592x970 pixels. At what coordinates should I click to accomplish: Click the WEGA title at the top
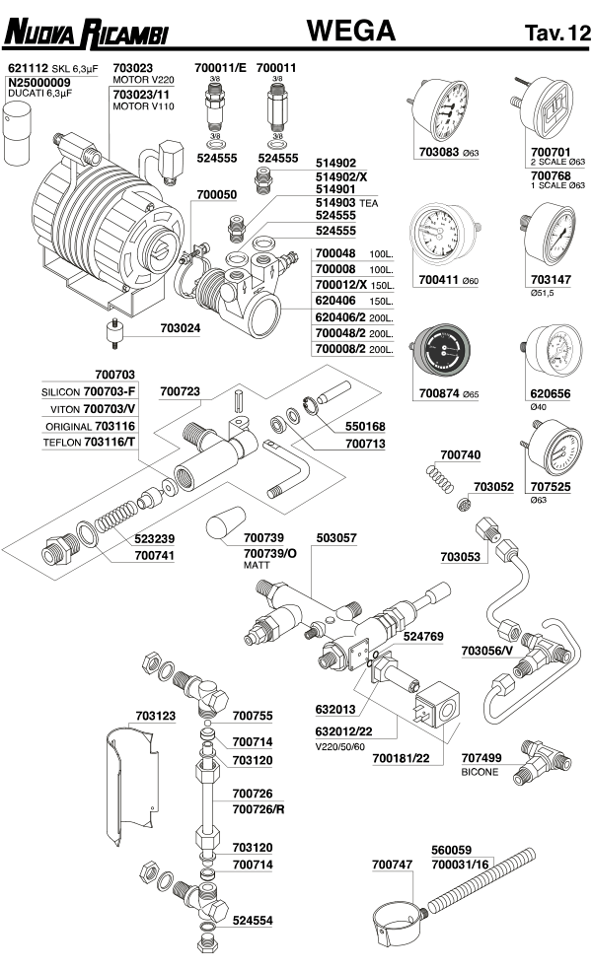(351, 32)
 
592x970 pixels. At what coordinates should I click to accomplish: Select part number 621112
(28, 68)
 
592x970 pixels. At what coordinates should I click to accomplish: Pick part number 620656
(551, 392)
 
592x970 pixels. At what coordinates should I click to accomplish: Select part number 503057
(336, 538)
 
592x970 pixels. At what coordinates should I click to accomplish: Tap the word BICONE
(480, 772)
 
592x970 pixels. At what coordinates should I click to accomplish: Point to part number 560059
(452, 849)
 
